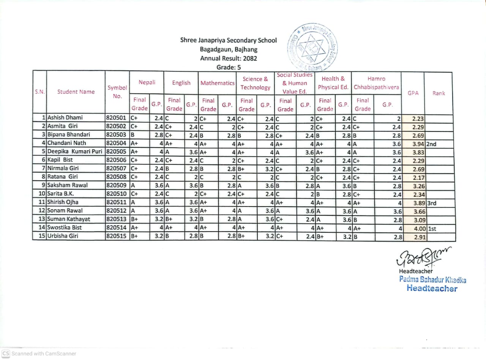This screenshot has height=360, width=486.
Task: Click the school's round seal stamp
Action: click(x=313, y=49)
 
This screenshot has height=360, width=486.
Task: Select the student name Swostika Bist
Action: click(x=65, y=227)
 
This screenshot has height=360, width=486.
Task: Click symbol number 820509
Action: click(x=116, y=185)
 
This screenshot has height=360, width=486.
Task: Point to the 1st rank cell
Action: click(x=433, y=229)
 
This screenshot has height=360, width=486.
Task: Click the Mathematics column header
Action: click(x=217, y=83)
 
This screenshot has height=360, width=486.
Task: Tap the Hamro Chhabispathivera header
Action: click(x=376, y=83)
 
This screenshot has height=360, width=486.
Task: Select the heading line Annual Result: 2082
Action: click(x=229, y=58)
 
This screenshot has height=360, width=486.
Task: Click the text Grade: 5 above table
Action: click(x=229, y=68)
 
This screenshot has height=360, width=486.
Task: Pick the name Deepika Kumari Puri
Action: click(x=75, y=152)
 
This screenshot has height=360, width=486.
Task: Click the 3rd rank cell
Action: click(x=432, y=203)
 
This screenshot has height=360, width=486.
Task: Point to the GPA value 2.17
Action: click(x=418, y=178)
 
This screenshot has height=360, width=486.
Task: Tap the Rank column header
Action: click(x=439, y=93)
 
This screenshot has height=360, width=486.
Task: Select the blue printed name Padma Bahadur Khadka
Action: click(x=432, y=280)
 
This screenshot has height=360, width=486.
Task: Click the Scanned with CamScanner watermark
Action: click(x=39, y=353)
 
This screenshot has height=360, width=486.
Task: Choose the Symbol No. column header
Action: click(x=117, y=92)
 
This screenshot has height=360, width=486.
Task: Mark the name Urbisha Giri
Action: click(x=63, y=236)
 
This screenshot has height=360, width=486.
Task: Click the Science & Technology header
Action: click(x=255, y=83)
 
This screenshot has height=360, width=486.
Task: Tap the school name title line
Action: click(x=229, y=40)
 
